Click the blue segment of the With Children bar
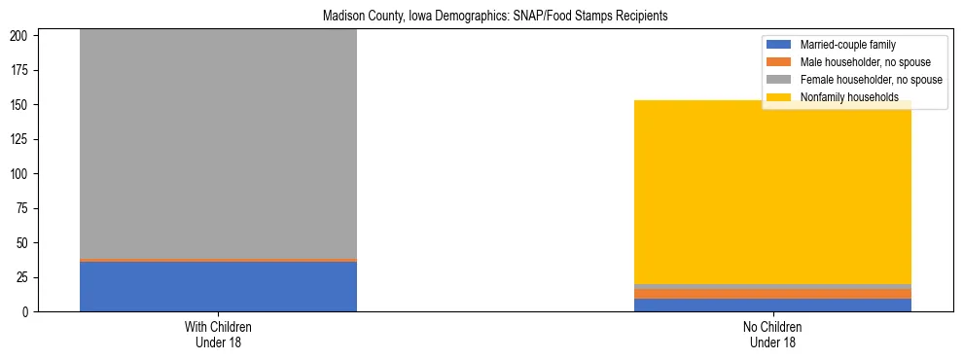(218, 286)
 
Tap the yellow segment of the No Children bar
(772, 195)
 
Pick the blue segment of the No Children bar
(772, 306)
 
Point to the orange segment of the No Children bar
(772, 294)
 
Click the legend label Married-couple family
(848, 45)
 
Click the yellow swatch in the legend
(779, 97)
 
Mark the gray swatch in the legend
(779, 80)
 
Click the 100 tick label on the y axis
(21, 174)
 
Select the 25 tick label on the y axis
(24, 277)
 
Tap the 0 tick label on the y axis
(27, 312)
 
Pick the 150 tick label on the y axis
(21, 105)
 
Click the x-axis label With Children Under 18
(218, 335)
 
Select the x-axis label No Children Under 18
(772, 335)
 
